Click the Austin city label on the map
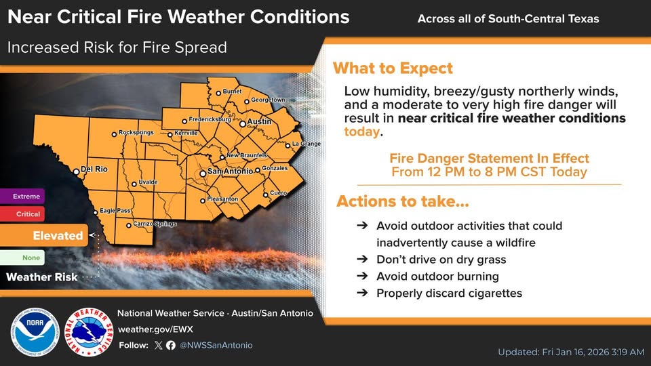pos(259,121)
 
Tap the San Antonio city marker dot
pos(203,174)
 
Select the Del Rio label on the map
pos(94,169)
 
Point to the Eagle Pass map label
pos(115,211)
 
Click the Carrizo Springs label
pos(155,224)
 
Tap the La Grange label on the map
pos(306,144)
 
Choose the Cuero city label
pos(279,193)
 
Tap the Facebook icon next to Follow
pos(171,345)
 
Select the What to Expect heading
pos(393,68)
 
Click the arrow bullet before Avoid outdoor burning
pos(362,277)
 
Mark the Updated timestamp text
pos(569,352)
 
